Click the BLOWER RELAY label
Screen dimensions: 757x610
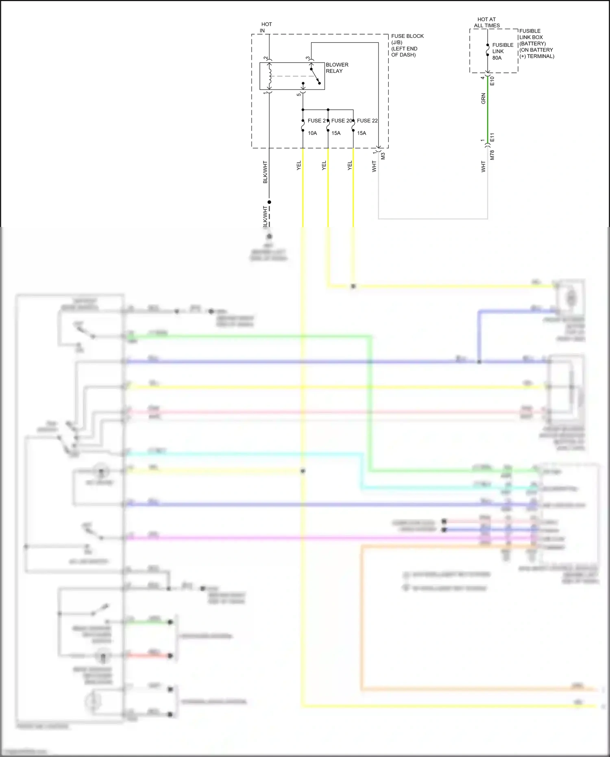337,68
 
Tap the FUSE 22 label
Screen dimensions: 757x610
367,121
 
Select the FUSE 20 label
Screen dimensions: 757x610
342,121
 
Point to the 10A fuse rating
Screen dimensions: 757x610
312,133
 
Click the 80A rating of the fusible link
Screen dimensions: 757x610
497,58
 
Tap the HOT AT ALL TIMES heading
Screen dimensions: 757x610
487,22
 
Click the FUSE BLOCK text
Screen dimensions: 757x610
407,36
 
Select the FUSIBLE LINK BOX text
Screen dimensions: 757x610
531,34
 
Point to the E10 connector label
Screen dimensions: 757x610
492,81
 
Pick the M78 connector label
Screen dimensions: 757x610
492,155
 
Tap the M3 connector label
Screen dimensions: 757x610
383,155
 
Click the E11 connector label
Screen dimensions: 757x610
492,137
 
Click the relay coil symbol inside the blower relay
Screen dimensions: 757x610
269,76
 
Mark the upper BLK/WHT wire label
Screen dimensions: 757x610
265,172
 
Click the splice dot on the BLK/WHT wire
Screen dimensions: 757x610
269,202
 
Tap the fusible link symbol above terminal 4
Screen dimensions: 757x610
488,51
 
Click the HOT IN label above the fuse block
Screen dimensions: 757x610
266,27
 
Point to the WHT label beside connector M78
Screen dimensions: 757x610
484,166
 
